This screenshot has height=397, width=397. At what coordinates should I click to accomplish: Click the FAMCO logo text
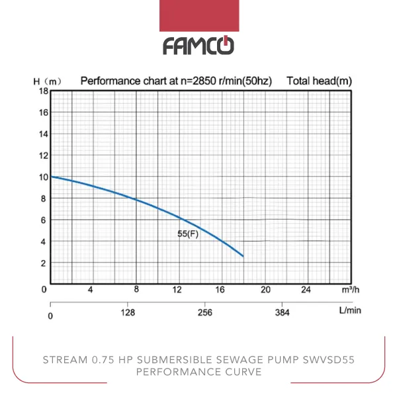coord(198,46)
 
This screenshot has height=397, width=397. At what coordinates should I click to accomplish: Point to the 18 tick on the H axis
coord(44,91)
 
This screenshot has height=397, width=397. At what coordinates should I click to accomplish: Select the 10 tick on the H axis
coord(44,177)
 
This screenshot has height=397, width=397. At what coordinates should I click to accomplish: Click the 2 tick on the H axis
coord(44,263)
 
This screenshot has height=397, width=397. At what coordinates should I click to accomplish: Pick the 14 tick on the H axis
coord(44,134)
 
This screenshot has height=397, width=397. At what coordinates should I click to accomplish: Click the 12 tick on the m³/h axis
coord(177,290)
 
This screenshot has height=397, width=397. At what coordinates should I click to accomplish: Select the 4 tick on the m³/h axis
coord(91,290)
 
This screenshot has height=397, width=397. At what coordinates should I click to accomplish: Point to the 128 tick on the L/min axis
coord(128,313)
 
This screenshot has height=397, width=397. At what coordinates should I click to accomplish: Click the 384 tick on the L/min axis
coord(282,313)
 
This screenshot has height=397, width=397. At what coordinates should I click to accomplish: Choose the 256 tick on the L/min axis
coord(205,313)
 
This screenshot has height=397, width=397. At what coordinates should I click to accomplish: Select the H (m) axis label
coord(47,81)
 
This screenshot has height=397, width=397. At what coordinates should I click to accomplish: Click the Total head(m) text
coord(318,81)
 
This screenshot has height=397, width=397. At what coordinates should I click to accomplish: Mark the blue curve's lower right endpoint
coord(243,256)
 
